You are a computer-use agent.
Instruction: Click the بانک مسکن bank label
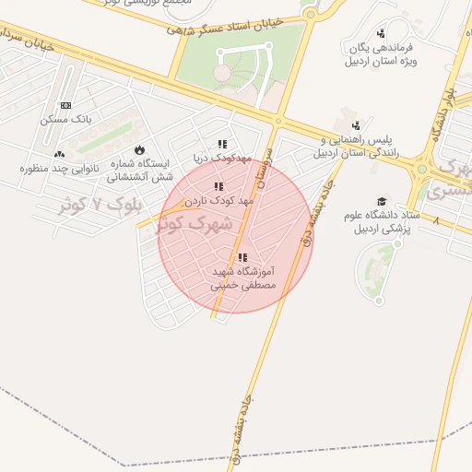66,120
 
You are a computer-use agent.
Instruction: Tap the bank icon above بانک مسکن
65,106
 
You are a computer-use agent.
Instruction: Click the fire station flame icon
139,148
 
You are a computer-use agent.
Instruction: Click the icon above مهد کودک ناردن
218,186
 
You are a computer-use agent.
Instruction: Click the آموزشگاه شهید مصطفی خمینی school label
243,279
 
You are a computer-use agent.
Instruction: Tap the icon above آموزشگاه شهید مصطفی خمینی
242,258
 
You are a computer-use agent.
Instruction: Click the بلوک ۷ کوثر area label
91,205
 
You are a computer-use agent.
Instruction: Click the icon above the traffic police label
356,125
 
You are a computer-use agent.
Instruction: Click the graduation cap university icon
382,201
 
